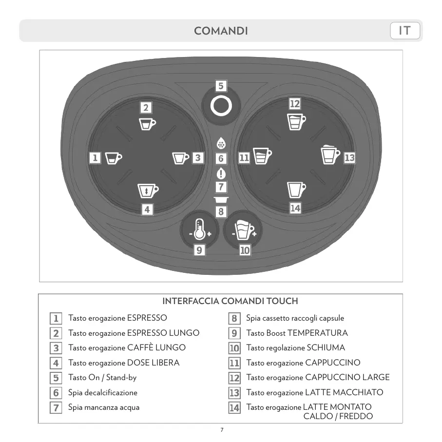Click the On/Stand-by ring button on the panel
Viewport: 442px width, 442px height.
coord(221,105)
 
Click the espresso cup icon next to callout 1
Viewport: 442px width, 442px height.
coord(114,158)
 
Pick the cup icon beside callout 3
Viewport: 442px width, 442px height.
coord(181,158)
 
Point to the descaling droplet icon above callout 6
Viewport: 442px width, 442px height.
coord(221,144)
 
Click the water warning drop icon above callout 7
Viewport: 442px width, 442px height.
coord(221,173)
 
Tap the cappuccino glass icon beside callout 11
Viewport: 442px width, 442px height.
coord(262,157)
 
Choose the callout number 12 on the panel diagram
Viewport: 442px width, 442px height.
coord(295,104)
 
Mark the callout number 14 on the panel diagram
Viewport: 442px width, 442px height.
coord(295,208)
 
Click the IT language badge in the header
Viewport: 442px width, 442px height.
coord(405,31)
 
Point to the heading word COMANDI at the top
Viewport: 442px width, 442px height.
coord(221,31)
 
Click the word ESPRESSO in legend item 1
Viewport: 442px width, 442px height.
coord(147,318)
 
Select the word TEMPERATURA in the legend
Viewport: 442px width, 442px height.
coord(318,333)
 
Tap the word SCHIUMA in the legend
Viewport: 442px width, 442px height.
coord(326,348)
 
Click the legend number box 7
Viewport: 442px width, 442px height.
coord(57,408)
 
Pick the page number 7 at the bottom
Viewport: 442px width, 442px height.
coord(222,430)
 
